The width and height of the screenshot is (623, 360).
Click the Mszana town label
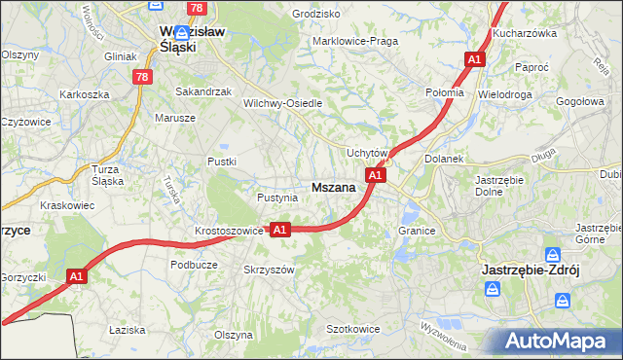[x=332, y=187]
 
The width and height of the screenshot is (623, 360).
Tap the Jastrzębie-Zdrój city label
[x=531, y=270]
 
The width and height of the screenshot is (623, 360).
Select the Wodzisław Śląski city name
[x=191, y=37]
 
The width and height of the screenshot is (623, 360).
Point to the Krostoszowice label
[x=229, y=231]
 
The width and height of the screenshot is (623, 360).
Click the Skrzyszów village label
[x=269, y=270]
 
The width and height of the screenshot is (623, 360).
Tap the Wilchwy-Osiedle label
[x=282, y=102]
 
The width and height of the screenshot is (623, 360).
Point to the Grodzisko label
[x=315, y=15]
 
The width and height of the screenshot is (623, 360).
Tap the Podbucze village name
[x=193, y=264]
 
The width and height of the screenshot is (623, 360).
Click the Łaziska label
[x=127, y=330]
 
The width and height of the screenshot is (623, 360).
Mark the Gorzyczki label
[x=23, y=277]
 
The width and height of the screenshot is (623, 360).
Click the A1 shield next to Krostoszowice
[x=279, y=230]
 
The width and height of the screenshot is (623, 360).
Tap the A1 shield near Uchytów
[x=376, y=175]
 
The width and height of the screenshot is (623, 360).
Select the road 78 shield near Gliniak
[x=143, y=77]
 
